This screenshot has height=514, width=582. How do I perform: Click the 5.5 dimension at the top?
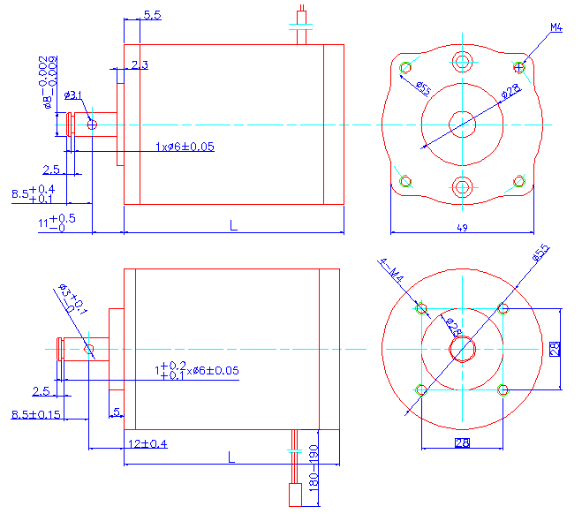tap(151, 15)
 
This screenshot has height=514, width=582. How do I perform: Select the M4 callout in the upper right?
tap(556, 28)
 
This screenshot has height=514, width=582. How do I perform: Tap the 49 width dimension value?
tap(462, 228)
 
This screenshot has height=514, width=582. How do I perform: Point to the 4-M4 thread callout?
tap(391, 271)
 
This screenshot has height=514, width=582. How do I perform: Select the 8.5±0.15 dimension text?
tap(35, 414)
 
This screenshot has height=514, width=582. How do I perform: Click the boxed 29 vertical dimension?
tap(555, 349)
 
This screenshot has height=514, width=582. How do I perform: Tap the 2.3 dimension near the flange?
tap(140, 65)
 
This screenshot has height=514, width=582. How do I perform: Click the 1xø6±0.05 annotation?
tap(185, 146)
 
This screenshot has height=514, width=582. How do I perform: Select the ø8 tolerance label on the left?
tap(50, 84)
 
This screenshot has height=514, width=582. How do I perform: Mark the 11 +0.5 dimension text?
tap(56, 222)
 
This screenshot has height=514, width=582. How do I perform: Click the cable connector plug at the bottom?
tap(297, 495)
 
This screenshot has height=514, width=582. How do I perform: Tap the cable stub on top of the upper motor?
tap(301, 21)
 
